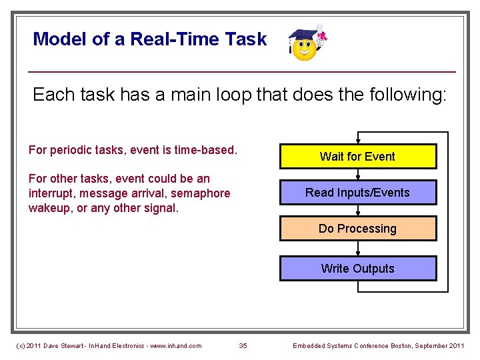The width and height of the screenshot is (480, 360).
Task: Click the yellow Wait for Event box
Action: coord(357,157)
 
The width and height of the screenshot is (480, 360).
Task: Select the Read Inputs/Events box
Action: coord(357,193)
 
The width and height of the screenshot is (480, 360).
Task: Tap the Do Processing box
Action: coord(357,229)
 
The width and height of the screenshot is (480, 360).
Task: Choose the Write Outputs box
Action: coord(357,269)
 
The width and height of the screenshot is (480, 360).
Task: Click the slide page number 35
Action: coord(243,345)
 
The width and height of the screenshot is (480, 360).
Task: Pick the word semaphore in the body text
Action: coord(201,193)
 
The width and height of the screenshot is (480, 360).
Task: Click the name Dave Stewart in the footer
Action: coord(65,345)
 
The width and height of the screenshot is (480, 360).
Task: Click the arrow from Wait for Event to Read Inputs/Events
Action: coord(358,174)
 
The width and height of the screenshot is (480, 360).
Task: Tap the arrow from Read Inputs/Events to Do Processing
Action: coord(358,211)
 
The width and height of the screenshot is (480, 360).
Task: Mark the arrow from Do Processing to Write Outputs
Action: coord(358,249)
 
